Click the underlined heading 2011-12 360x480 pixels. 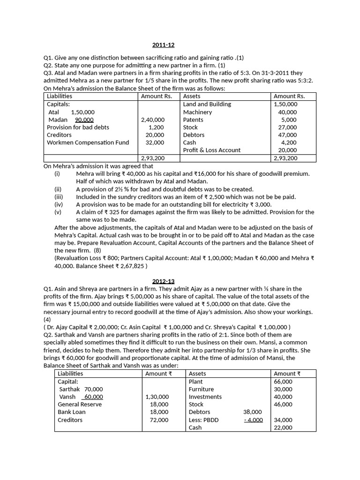point(163,45)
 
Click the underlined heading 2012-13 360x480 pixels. point(163,281)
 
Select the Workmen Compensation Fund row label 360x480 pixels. point(88,142)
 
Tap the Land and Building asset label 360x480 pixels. point(207,104)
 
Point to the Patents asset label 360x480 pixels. point(193,120)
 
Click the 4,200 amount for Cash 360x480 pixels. point(289,142)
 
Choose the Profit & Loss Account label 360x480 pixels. point(211,150)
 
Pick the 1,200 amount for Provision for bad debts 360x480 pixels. point(156,127)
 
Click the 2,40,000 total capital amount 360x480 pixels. point(153,120)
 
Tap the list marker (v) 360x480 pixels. point(58,212)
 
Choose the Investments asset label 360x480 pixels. point(205,397)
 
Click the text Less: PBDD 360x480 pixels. point(203,420)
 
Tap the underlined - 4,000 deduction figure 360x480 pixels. point(253,420)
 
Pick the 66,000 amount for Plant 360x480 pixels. point(283,382)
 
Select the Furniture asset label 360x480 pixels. point(201,389)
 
